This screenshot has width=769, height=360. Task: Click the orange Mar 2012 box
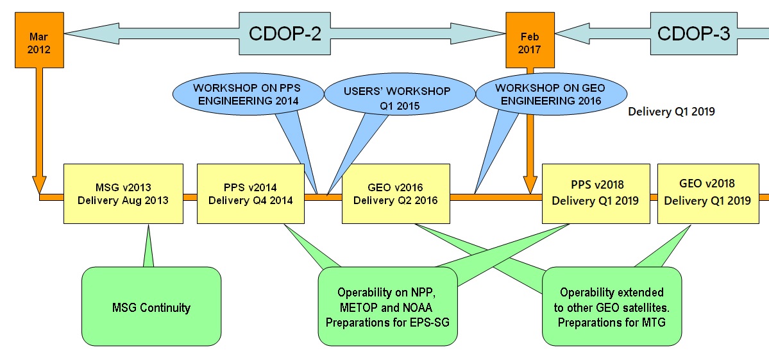point(39,40)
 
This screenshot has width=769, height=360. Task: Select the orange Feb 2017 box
point(530,40)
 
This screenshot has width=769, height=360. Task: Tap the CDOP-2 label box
point(285,34)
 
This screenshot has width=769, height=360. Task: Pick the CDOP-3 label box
point(693,34)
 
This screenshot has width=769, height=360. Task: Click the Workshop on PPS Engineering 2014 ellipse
point(246,95)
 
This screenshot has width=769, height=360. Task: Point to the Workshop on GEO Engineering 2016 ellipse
point(549,95)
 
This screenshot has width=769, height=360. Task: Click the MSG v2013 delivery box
point(124,194)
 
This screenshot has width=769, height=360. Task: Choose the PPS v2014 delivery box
point(251,194)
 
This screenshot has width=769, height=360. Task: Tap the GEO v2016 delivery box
point(396,194)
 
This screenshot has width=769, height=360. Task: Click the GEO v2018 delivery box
point(708,194)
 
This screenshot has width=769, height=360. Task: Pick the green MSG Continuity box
point(151,307)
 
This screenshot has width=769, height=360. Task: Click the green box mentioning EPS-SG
point(388,307)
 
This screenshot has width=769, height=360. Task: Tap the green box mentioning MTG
point(612,307)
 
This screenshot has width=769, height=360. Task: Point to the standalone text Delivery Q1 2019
point(672,112)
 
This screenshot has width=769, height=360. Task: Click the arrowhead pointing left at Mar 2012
point(90,34)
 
